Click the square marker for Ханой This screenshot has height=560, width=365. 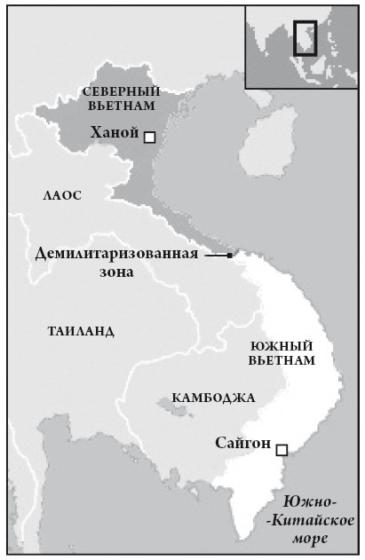click(x=150, y=137)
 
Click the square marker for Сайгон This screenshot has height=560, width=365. click(x=282, y=450)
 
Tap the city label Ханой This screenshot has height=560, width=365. click(x=115, y=133)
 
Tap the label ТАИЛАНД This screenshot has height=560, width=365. click(x=81, y=331)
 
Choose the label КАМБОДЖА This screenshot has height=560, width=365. click(x=213, y=398)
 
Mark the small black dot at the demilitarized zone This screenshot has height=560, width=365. click(x=230, y=256)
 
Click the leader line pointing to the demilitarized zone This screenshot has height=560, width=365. click(x=216, y=256)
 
